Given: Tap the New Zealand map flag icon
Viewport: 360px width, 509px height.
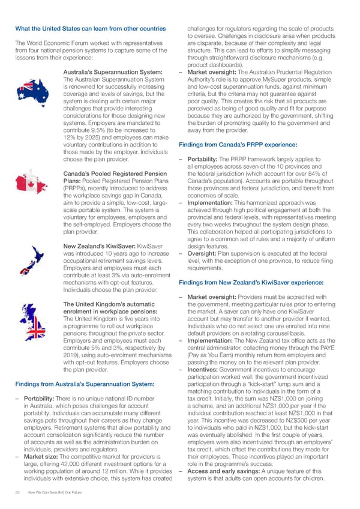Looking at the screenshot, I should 33,272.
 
